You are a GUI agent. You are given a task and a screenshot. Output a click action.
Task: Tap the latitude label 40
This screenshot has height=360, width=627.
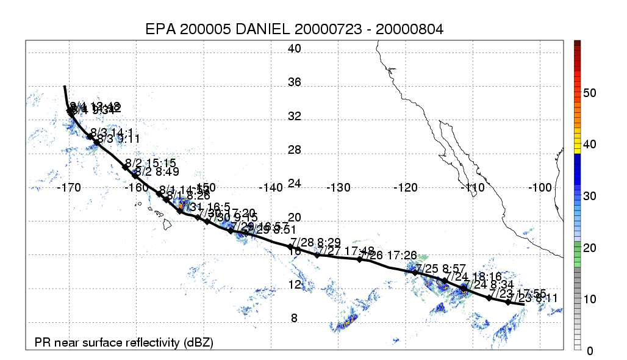[295, 49]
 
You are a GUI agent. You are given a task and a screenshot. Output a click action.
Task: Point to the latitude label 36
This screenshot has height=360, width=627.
[295, 83]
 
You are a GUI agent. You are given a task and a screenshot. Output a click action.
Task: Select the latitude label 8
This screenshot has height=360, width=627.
[295, 318]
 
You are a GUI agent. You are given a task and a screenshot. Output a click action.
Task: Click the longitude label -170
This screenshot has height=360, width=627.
[68, 188]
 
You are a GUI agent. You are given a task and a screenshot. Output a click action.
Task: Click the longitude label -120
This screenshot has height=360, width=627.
[405, 188]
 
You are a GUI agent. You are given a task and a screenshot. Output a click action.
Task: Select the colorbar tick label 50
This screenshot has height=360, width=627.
[590, 93]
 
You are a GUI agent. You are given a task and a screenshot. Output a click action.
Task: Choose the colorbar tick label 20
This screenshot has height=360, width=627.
[590, 248]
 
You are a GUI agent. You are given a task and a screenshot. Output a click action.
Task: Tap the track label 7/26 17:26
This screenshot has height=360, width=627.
[388, 254]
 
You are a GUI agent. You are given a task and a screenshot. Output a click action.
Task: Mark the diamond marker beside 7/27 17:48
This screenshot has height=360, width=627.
[317, 255]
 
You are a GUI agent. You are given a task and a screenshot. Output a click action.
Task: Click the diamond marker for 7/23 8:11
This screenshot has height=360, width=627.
[508, 302]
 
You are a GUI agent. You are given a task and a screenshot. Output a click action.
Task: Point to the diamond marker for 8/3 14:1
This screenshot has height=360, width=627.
[90, 137]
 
